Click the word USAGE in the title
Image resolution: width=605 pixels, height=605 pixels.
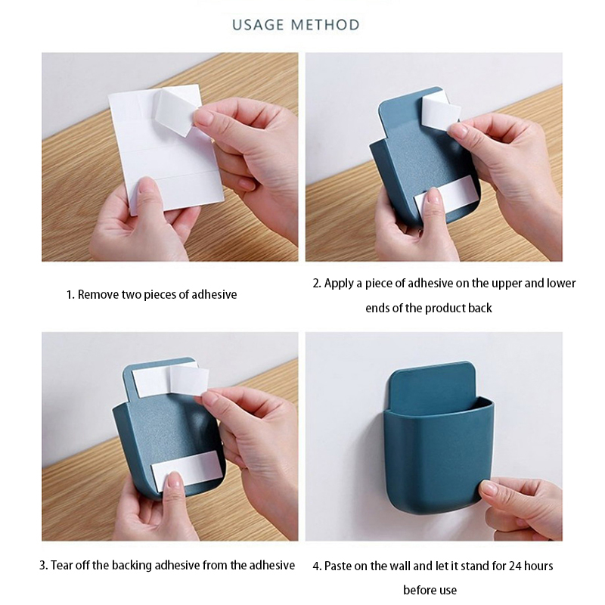pyautogui.click(x=258, y=25)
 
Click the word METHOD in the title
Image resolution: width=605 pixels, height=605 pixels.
pyautogui.click(x=325, y=25)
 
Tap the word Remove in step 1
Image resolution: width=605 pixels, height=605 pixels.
pyautogui.click(x=98, y=295)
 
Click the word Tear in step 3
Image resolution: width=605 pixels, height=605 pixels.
pyautogui.click(x=62, y=566)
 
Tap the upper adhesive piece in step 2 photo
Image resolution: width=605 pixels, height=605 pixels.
pyautogui.click(x=442, y=112)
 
